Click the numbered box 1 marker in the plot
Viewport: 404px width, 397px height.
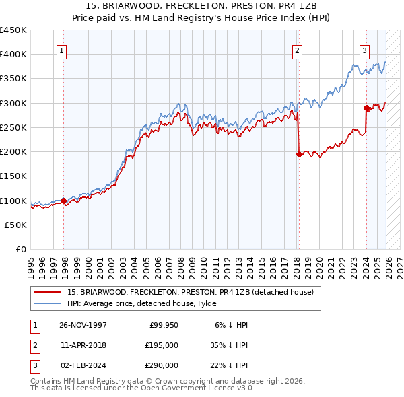(61, 50)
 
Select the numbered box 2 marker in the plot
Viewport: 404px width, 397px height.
(297, 50)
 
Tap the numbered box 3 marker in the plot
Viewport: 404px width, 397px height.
(364, 50)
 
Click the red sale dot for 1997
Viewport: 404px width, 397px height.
(63, 200)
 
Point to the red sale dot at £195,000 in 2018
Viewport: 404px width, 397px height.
(298, 154)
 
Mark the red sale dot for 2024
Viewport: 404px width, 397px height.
(366, 108)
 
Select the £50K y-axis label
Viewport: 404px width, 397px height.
(16, 225)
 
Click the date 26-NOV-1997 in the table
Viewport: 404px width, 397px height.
(83, 325)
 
